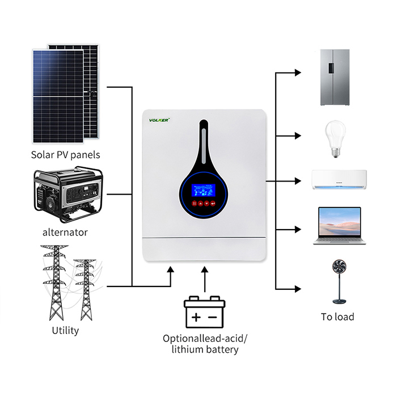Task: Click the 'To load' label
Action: coord(337,316)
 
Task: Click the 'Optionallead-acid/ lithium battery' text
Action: coord(205,344)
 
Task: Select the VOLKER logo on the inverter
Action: coord(160,120)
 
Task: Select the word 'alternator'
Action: coord(65,232)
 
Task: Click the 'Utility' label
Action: coord(65,330)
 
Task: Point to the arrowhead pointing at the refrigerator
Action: coord(297,73)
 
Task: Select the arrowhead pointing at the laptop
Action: coord(297,229)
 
